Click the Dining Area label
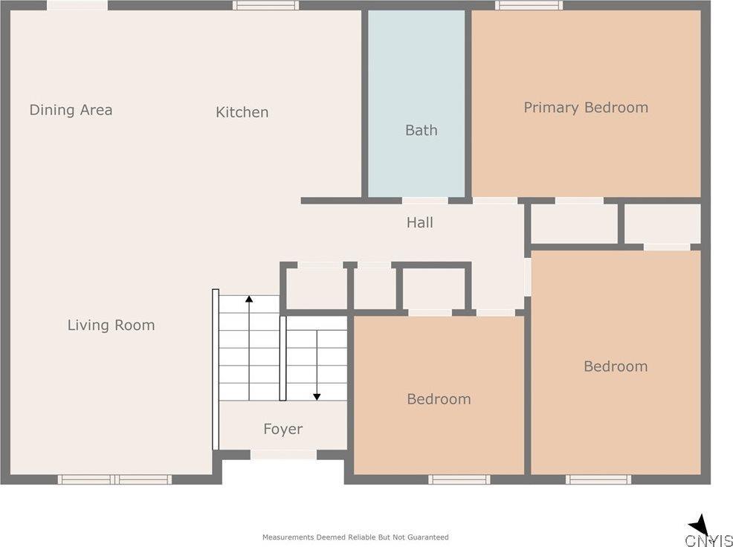point(71,110)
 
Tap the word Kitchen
point(242,112)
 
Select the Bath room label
point(421,130)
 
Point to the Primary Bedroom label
point(586,108)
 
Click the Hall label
point(419,222)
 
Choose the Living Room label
point(111,325)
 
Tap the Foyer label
point(282,429)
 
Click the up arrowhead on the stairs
point(249,299)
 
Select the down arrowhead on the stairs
point(317,397)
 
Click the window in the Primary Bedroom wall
point(529,5)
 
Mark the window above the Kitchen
point(265,5)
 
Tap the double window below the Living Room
point(114,479)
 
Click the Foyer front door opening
point(282,454)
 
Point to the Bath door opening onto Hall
point(424,200)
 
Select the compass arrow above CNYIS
point(699,524)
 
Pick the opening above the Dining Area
point(77,5)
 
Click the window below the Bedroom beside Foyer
point(459,479)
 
